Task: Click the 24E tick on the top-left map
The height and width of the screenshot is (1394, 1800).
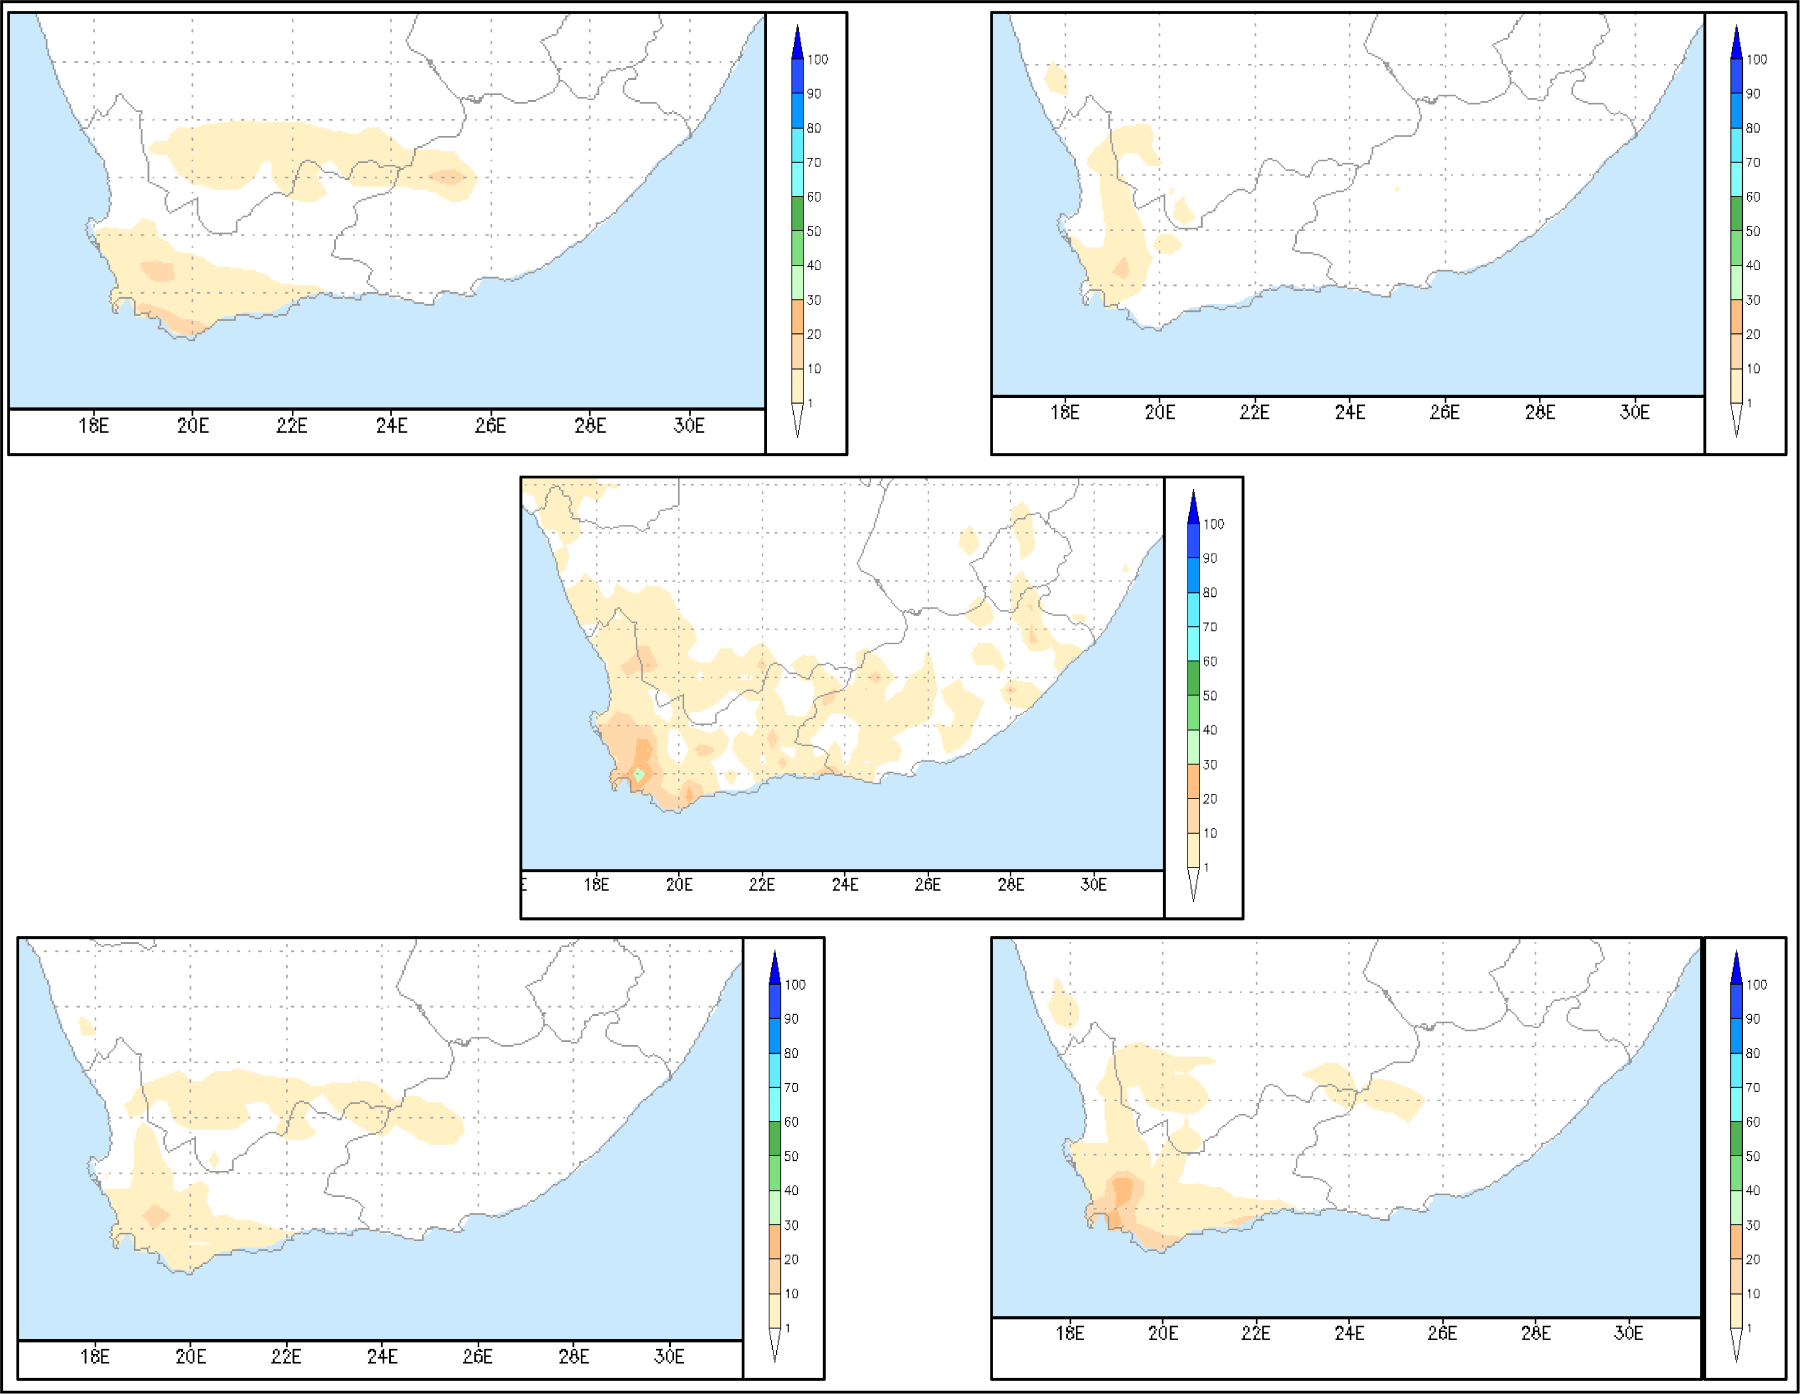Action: point(392,425)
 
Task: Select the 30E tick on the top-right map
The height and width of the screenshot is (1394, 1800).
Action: point(1635,412)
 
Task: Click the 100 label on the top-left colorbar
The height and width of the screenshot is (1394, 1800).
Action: point(818,59)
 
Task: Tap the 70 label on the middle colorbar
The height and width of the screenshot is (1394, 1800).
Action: point(1209,627)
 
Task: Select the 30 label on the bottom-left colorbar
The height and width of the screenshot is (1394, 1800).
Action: point(791,1225)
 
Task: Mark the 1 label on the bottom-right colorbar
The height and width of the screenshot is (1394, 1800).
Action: point(1749,1328)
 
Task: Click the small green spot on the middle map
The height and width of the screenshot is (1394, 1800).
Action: point(639,775)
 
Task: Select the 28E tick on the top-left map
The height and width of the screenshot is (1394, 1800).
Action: point(590,425)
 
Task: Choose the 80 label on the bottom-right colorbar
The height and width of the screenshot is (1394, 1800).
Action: point(1753,1053)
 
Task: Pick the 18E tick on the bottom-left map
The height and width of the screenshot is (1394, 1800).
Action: point(95,1356)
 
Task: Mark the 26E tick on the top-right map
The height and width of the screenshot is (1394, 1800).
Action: point(1444,412)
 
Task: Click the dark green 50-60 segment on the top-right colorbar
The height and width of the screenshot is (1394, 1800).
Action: point(1736,213)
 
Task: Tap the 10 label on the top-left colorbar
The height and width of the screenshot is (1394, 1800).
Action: point(814,368)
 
